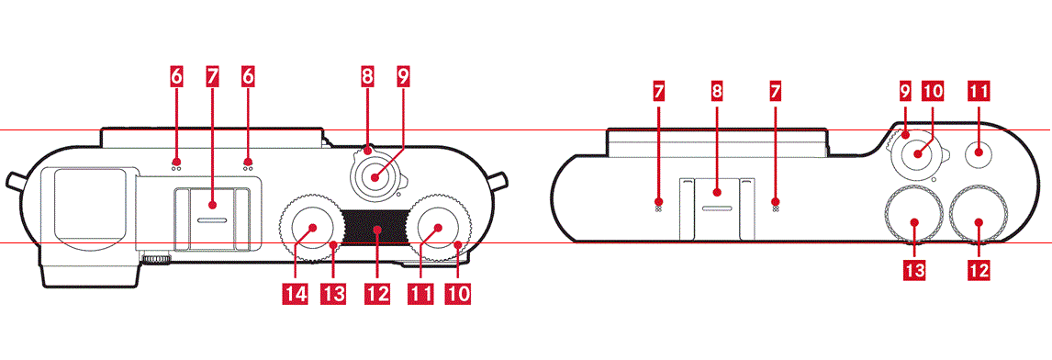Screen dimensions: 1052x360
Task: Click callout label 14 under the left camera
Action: pos(297,294)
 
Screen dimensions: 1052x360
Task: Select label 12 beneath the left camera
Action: pos(376,294)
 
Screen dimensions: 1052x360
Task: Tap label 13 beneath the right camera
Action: pos(914,270)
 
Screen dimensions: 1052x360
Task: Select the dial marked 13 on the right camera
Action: pos(913,215)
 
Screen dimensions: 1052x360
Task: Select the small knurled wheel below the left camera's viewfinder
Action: pos(155,259)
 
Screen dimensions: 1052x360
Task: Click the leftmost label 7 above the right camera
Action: pos(657,93)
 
